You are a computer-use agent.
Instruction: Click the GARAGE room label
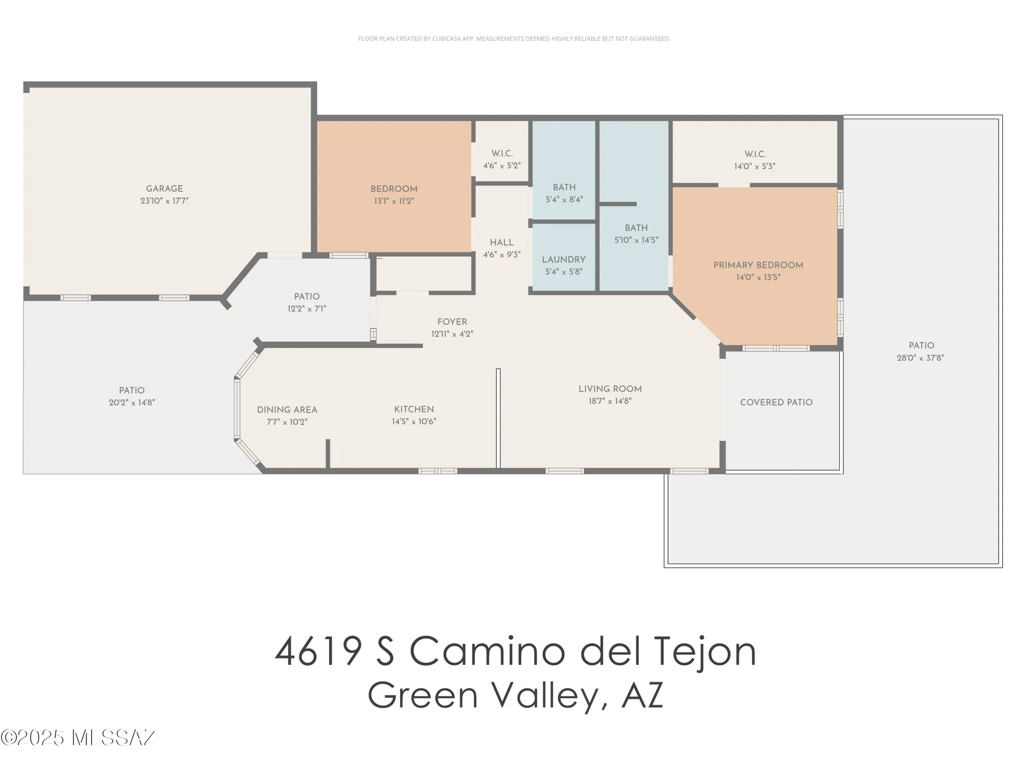coord(164,189)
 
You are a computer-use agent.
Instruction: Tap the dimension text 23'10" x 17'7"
coord(164,201)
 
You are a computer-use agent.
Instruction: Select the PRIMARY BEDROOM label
coord(758,265)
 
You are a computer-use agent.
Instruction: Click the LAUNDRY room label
coord(563,259)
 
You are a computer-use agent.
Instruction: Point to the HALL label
coord(502,242)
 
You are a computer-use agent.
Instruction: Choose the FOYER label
coord(452,322)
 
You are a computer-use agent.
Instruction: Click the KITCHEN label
coord(414,409)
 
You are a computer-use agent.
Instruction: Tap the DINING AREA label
coord(287,410)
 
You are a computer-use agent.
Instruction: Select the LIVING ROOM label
coord(610,389)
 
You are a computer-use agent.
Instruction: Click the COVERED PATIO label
coord(776,402)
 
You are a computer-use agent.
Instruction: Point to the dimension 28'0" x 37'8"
coord(920,358)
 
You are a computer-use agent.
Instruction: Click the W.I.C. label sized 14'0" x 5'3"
coord(755,154)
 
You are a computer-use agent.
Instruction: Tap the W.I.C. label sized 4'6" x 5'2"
coord(502,154)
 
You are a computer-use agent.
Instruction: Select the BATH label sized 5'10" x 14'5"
coord(636,228)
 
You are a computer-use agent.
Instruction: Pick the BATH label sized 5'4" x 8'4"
coord(564,187)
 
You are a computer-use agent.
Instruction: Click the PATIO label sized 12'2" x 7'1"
coord(307,296)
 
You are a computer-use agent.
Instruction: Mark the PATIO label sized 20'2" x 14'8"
coord(132,390)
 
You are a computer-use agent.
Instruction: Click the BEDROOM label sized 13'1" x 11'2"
coord(394,189)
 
